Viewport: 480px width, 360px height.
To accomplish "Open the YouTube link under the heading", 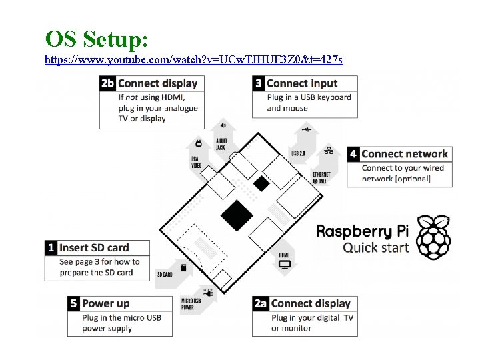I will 193,60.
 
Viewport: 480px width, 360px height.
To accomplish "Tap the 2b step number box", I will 107,83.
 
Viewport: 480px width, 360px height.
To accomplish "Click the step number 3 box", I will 259,83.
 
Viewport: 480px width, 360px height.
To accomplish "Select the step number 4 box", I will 353,154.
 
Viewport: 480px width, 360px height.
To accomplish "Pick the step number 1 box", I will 51,247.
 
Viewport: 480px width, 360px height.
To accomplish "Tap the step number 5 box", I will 74,303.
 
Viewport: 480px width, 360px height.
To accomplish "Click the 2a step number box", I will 261,303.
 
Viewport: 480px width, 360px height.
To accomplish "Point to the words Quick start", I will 375,247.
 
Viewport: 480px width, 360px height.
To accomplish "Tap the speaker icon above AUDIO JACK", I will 224,125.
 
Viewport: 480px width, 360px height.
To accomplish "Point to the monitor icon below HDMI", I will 285,265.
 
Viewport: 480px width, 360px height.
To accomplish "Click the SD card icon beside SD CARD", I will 183,267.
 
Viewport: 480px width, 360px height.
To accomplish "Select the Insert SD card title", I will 95,247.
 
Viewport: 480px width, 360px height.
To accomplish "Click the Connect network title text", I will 405,154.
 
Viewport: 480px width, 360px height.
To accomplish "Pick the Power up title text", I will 106,303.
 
